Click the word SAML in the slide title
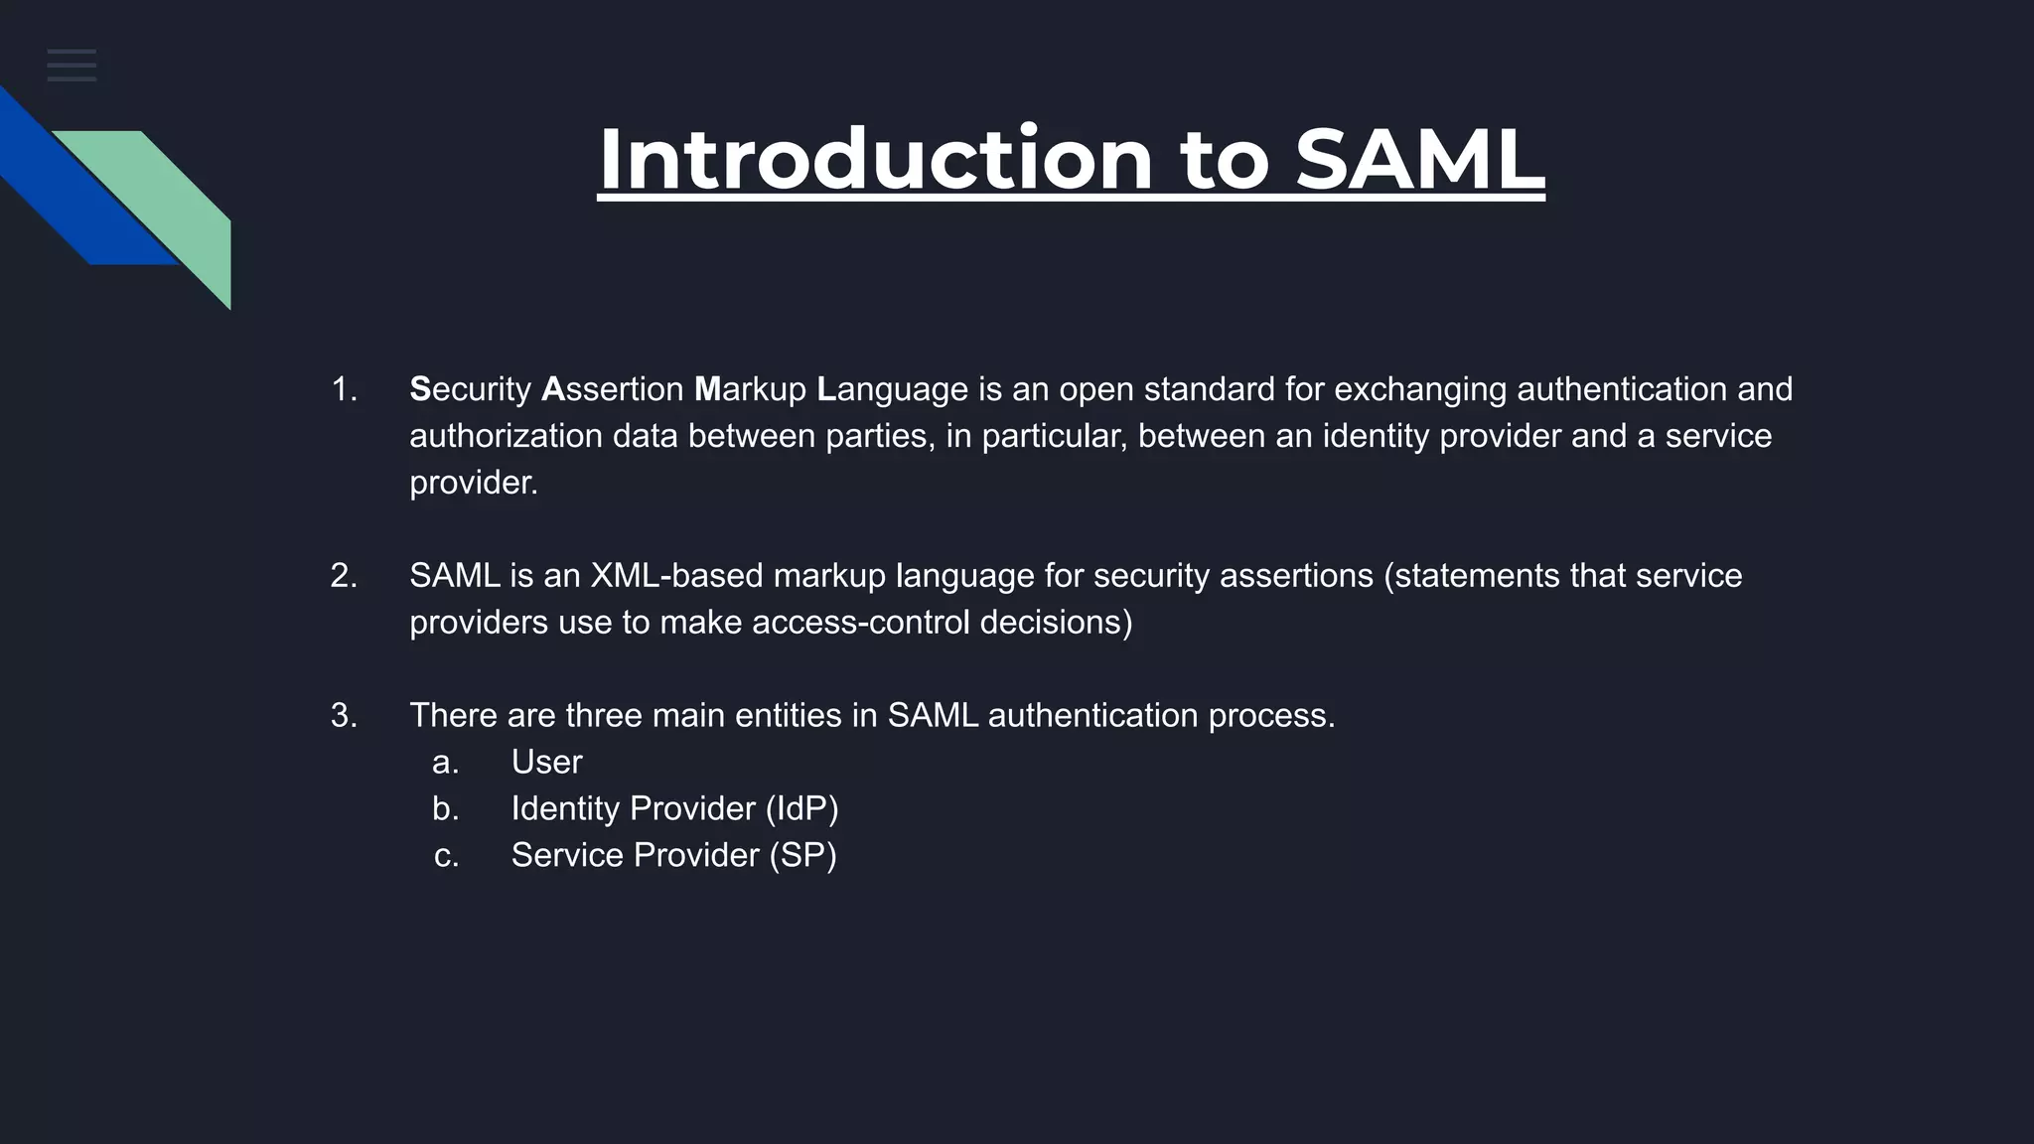click(x=1419, y=159)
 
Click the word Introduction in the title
click(x=875, y=159)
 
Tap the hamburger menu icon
click(x=72, y=66)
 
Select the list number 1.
click(x=344, y=389)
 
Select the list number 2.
click(x=344, y=576)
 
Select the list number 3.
click(x=344, y=716)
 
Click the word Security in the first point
click(x=470, y=389)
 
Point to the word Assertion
click(x=612, y=389)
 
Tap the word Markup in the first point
click(x=750, y=389)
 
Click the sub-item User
click(x=546, y=763)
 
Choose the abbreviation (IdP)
click(x=801, y=809)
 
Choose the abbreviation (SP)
click(x=802, y=856)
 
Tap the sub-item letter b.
click(x=445, y=809)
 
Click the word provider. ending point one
click(x=473, y=484)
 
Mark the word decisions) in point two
click(x=1056, y=623)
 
